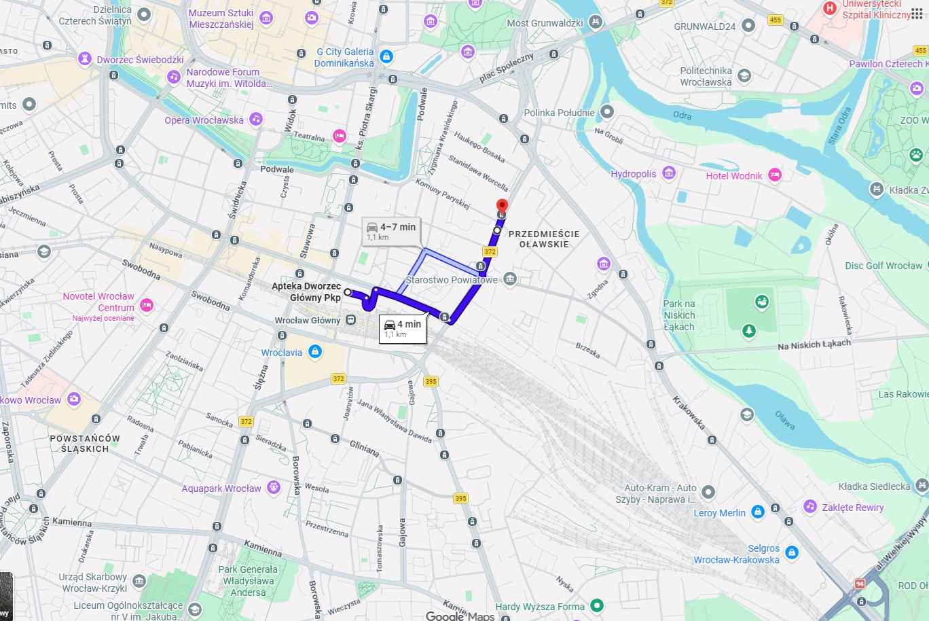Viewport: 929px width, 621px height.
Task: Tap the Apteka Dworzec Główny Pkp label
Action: pyautogui.click(x=306, y=292)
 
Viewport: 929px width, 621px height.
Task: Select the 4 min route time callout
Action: pyautogui.click(x=403, y=327)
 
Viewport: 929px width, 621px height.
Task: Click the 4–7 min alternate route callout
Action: pyautogui.click(x=391, y=230)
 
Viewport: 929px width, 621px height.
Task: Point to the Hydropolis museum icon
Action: pyautogui.click(x=670, y=173)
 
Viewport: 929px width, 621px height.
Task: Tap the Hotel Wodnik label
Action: pyautogui.click(x=733, y=176)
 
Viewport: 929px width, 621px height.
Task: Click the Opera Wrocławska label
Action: pyautogui.click(x=204, y=120)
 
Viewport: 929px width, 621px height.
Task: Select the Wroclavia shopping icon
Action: pyautogui.click(x=314, y=352)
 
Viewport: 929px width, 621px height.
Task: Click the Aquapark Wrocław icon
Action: pyautogui.click(x=274, y=487)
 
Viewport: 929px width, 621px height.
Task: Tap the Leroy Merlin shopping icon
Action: pyautogui.click(x=758, y=512)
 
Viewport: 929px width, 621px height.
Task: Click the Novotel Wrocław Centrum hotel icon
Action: pyautogui.click(x=145, y=304)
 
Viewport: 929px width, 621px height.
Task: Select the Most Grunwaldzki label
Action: pyautogui.click(x=545, y=23)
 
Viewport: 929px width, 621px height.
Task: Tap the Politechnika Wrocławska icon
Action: pyautogui.click(x=744, y=75)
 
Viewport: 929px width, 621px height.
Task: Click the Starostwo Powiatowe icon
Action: pyautogui.click(x=511, y=279)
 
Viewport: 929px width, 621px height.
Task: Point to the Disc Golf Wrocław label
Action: pyautogui.click(x=884, y=266)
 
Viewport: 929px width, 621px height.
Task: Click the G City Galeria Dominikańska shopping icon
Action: pyautogui.click(x=386, y=56)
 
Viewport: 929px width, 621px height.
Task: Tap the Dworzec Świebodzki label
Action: pyautogui.click(x=140, y=60)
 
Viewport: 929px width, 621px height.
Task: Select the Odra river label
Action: pyautogui.click(x=682, y=115)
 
